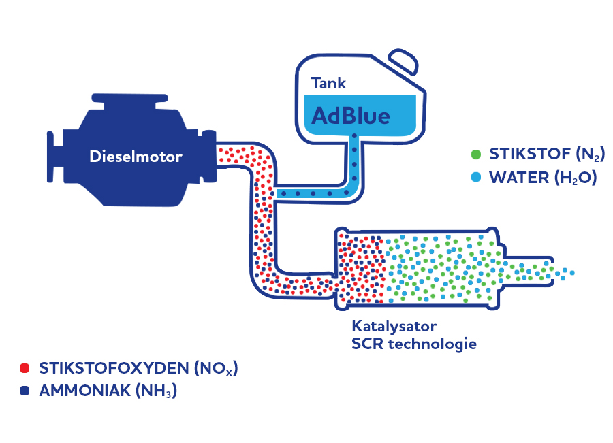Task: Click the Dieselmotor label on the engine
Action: tap(136, 157)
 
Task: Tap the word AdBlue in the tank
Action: tap(351, 116)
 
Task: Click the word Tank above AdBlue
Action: tap(328, 84)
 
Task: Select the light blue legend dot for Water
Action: tap(475, 178)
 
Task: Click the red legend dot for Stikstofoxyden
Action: tap(25, 368)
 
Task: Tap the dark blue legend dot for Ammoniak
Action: tap(25, 391)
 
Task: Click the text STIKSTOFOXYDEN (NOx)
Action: tap(139, 369)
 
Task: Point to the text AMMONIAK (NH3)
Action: tap(108, 392)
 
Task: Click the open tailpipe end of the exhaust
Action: tap(550, 271)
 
